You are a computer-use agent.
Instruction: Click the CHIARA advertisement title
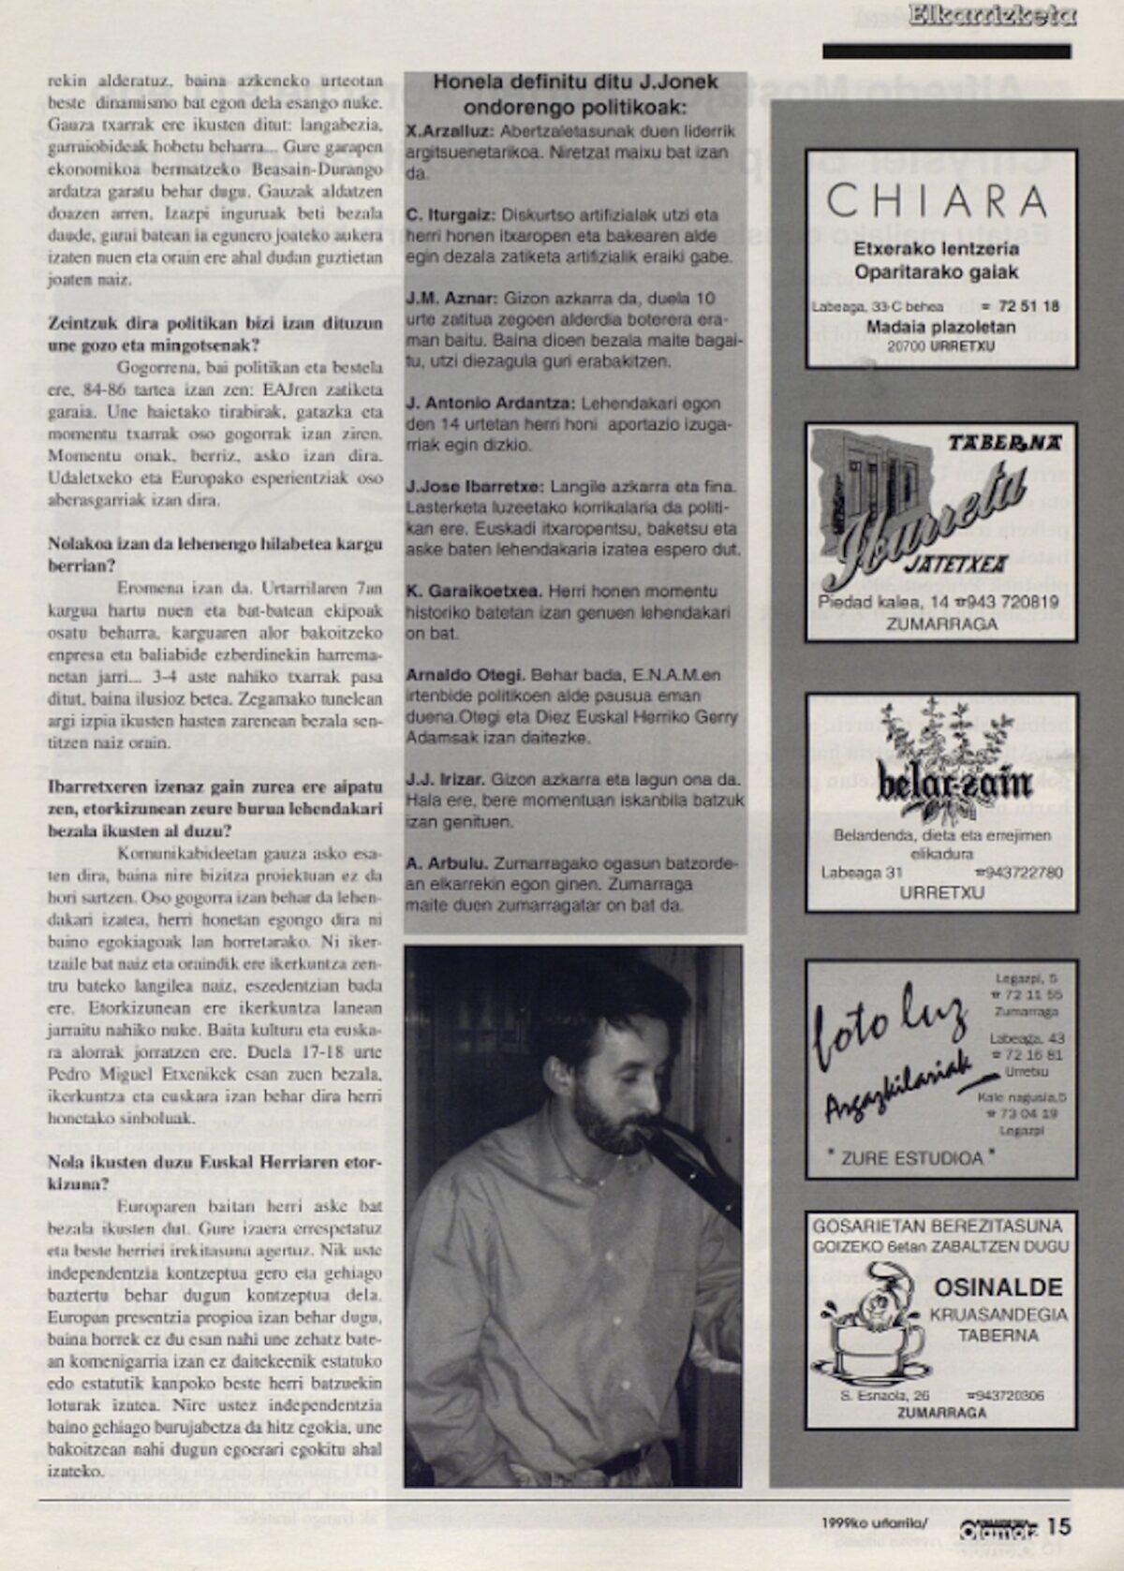(x=938, y=199)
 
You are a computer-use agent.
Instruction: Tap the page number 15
(x=1058, y=1526)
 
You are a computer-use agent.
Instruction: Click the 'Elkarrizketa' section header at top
(x=992, y=15)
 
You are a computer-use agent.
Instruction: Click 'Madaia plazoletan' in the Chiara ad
(x=939, y=327)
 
